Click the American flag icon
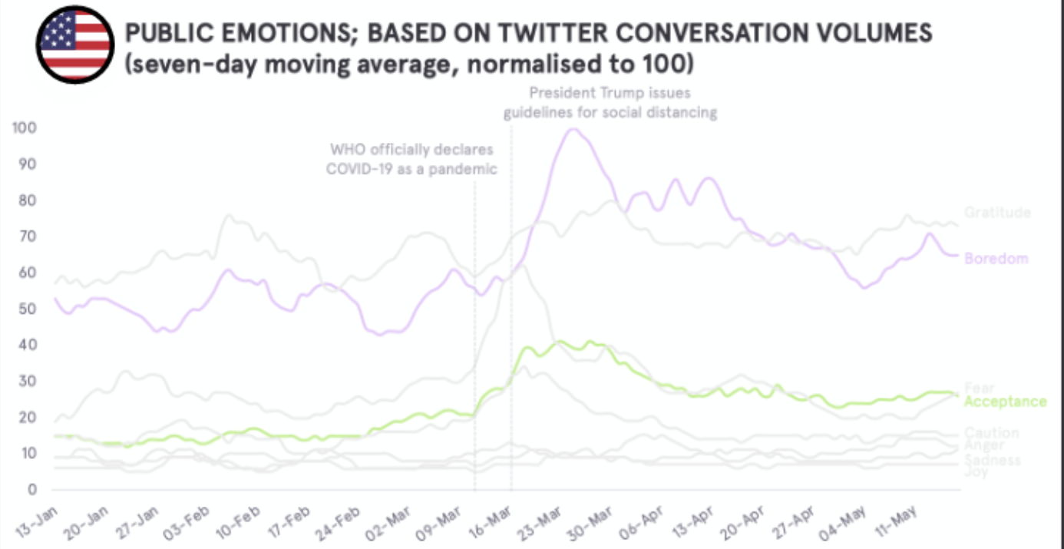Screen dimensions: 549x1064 pyautogui.click(x=74, y=44)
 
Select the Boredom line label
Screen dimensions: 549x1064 pyautogui.click(x=996, y=259)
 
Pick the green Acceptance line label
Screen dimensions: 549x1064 pyautogui.click(x=1005, y=402)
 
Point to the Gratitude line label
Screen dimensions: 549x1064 pyautogui.click(x=997, y=213)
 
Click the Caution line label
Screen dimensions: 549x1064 pyautogui.click(x=992, y=433)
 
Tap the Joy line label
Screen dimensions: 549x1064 pyautogui.click(x=976, y=472)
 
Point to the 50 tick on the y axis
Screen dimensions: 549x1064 pyautogui.click(x=28, y=309)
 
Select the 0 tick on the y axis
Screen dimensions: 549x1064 pyautogui.click(x=33, y=489)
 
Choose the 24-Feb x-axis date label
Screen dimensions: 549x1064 pyautogui.click(x=339, y=522)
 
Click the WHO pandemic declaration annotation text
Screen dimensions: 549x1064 pyautogui.click(x=411, y=159)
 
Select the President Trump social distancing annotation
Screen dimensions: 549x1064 pyautogui.click(x=610, y=103)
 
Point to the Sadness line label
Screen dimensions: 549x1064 pyautogui.click(x=993, y=460)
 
